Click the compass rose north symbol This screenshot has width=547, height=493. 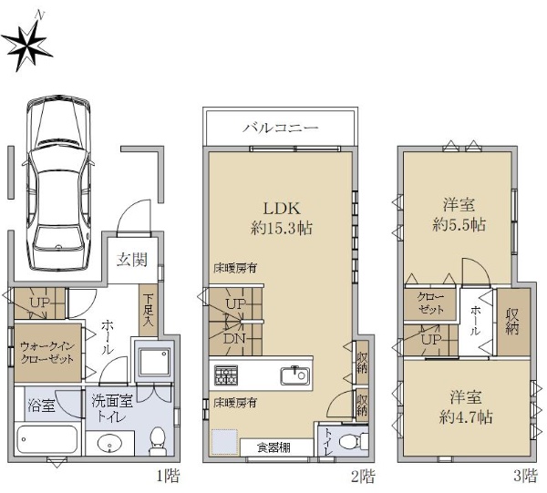coord(26,44)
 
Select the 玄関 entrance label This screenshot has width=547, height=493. coord(132,260)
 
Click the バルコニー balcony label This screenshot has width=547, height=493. coord(281,128)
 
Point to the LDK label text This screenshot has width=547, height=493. coord(281,208)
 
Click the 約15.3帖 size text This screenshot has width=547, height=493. coord(281,229)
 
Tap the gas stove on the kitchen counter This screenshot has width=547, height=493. coord(226,375)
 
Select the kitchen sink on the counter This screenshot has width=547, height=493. coord(294,375)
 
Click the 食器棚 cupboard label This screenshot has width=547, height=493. coord(274,447)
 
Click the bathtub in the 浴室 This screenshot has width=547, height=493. coord(46,439)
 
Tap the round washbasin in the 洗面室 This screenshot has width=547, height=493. coord(109,444)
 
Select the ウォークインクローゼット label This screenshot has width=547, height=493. coord(47,353)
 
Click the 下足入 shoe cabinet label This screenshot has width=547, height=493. coord(149,310)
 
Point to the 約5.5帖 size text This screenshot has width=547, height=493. coord(459,225)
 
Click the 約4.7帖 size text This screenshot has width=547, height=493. coord(466,416)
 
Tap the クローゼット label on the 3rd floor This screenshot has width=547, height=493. coord(431,303)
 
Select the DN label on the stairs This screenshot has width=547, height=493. coord(234,338)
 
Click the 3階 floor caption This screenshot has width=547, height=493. coord(525,476)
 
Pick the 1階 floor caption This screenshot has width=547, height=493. coord(168,476)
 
